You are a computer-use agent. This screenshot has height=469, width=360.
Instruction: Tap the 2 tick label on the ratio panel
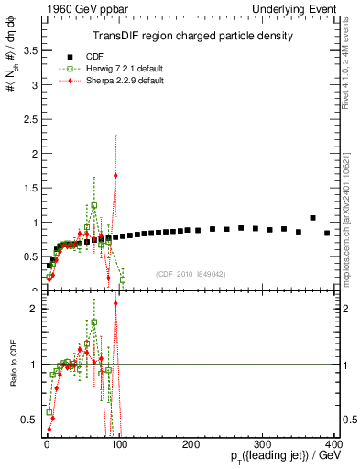(x=34, y=309)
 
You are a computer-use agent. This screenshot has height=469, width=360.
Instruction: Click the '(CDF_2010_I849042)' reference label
(x=191, y=274)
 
